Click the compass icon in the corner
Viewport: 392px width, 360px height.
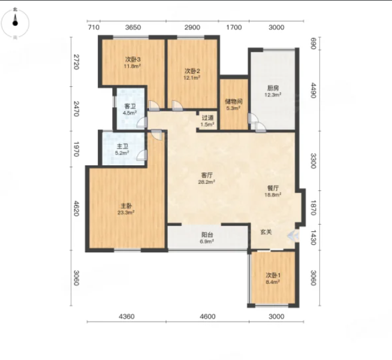click(15, 23)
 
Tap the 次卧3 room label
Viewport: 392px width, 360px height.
click(132, 59)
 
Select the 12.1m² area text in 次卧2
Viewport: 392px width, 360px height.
click(192, 78)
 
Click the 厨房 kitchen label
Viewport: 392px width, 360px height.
click(273, 88)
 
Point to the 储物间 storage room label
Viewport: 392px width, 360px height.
click(234, 101)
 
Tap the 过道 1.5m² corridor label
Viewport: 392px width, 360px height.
click(207, 120)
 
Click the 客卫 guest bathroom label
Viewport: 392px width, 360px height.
click(130, 106)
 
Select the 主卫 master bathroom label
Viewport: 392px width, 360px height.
click(122, 146)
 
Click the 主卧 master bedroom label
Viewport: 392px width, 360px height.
click(126, 206)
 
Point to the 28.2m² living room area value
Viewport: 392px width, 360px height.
click(207, 182)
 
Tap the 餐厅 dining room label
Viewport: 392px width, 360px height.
click(273, 188)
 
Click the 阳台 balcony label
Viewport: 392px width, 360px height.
click(207, 235)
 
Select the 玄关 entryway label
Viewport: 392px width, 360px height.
click(266, 232)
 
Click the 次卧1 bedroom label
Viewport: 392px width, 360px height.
click(273, 276)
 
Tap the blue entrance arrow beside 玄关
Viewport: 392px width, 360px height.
click(293, 235)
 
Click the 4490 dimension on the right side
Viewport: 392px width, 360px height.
click(313, 90)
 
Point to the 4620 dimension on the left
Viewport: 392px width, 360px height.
click(76, 208)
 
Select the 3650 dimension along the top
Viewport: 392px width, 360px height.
click(133, 27)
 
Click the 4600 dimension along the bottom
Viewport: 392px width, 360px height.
click(207, 316)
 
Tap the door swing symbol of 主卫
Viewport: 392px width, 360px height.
click(142, 155)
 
